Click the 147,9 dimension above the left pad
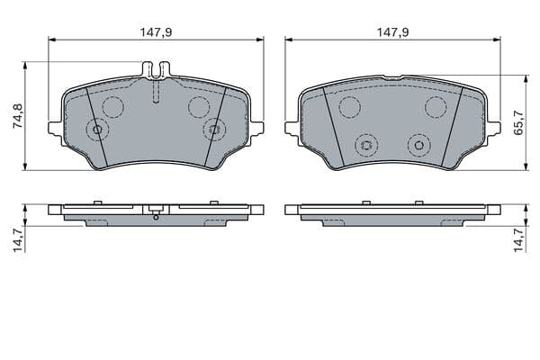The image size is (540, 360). point(156,32)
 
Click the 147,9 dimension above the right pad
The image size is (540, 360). point(393,32)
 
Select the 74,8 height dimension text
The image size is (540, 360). point(18,116)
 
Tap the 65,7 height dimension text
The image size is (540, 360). point(518,122)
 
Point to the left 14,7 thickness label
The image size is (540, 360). point(18,240)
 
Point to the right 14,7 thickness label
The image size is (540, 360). point(518,240)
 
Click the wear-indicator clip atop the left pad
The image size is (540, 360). point(156,69)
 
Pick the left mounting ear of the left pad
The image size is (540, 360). point(55,128)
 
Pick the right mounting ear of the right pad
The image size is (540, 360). point(494,128)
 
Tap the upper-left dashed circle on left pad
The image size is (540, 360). point(113,107)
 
